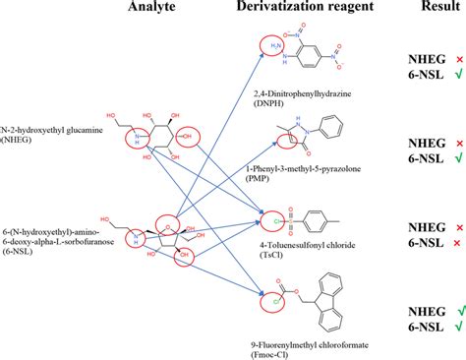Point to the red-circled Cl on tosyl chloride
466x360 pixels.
pos(265,211)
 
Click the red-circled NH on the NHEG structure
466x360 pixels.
pos(135,140)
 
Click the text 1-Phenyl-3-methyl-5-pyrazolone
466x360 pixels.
pos(303,170)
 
